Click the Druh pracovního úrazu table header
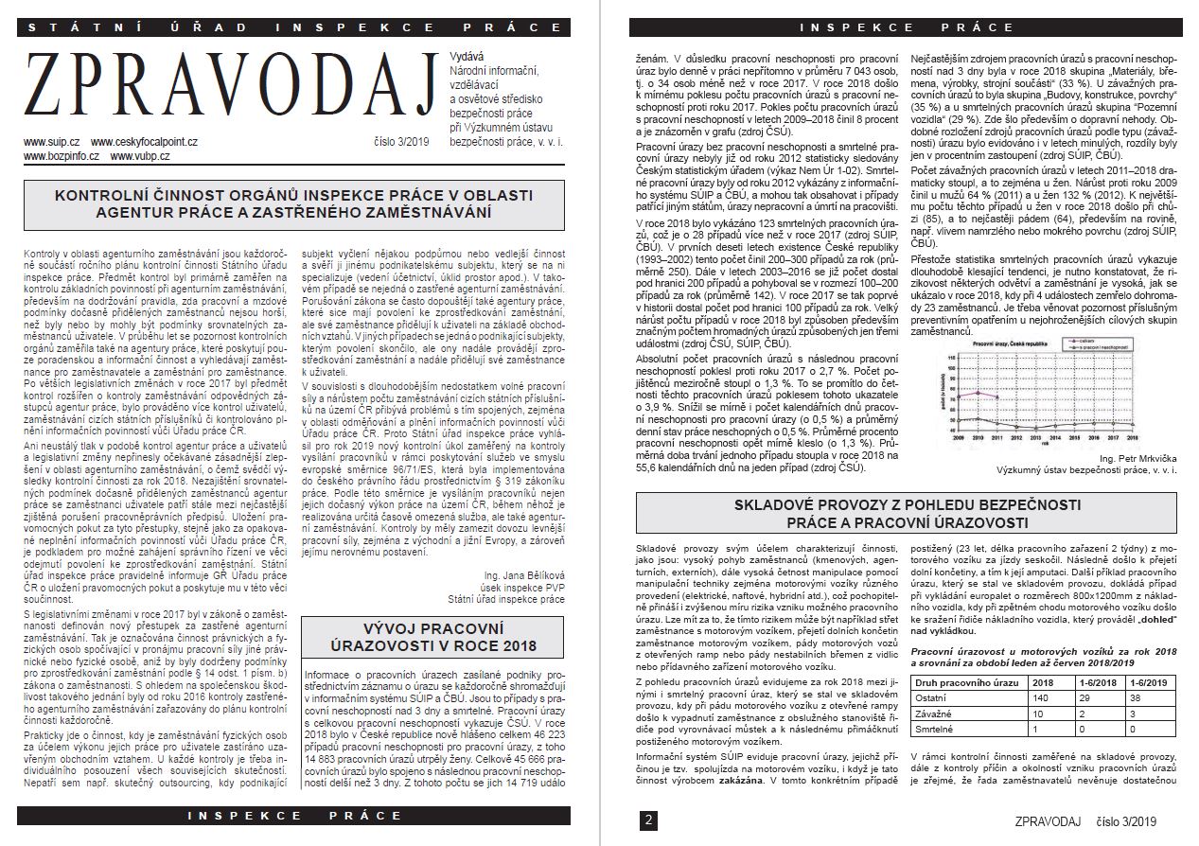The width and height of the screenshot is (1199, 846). [x=967, y=681]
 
